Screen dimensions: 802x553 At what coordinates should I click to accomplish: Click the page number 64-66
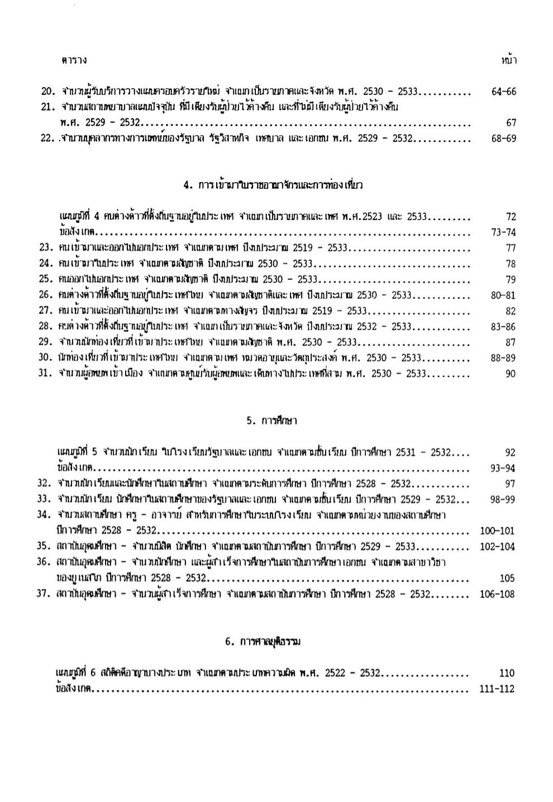coord(503,92)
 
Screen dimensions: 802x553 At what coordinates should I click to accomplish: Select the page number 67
coord(511,123)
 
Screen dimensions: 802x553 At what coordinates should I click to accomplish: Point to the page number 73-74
coord(503,232)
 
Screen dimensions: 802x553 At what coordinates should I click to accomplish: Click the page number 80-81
coord(503,295)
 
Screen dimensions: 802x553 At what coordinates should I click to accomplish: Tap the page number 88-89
coord(503,359)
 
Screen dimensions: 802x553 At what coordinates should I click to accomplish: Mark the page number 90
coord(511,374)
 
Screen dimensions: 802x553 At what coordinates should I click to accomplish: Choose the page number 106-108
coord(497,594)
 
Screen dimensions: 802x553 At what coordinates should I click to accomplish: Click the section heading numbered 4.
coord(273,185)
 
